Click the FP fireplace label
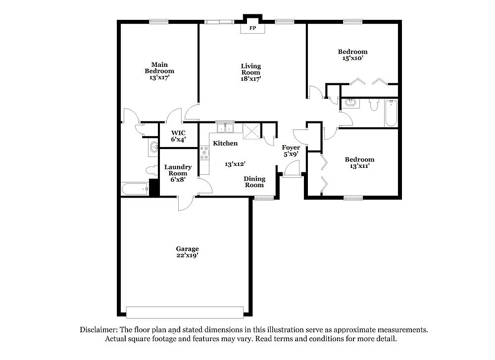pos(252,28)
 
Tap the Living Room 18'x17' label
pos(251,72)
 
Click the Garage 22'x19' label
pos(187,252)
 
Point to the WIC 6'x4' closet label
pos(178,136)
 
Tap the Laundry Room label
pos(178,173)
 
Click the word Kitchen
pos(225,144)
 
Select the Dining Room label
pos(254,182)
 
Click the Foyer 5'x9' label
pos(291,151)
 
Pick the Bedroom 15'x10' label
pos(352,55)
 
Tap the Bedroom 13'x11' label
pos(359,163)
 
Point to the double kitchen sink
pos(225,128)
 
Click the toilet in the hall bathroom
pos(374,105)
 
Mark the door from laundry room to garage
pos(186,203)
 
